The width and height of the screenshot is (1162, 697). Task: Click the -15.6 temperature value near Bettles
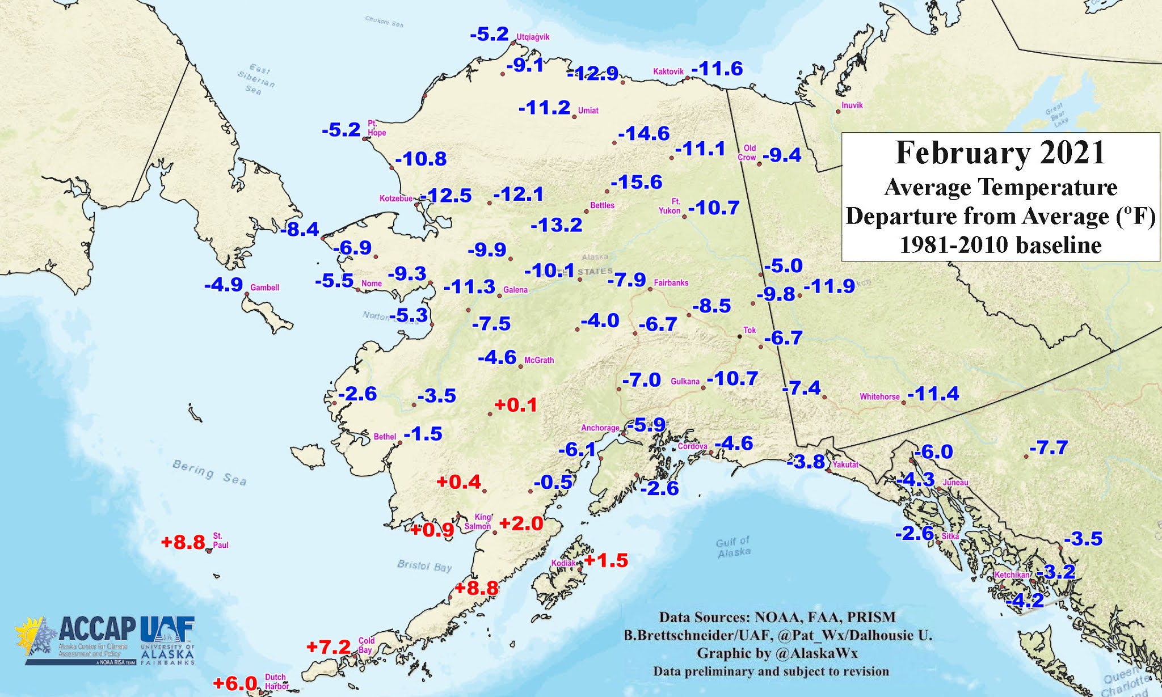(x=637, y=183)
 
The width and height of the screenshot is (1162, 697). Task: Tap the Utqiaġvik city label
(x=533, y=37)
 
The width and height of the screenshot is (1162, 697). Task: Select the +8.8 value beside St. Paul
(x=183, y=542)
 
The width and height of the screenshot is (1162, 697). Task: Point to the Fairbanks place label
(x=671, y=282)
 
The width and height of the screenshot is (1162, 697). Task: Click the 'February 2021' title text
(x=1000, y=153)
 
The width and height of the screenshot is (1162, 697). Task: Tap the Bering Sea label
(x=209, y=472)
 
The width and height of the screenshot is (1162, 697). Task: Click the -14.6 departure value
(x=644, y=134)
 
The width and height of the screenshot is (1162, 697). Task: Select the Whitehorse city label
(x=879, y=396)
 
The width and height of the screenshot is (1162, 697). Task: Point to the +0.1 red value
(x=516, y=405)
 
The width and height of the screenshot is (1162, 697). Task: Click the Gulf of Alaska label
(x=733, y=547)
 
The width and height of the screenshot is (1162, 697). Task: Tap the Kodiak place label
(x=563, y=563)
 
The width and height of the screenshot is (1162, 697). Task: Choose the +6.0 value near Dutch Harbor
(x=235, y=683)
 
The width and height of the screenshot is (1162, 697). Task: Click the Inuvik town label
(x=852, y=105)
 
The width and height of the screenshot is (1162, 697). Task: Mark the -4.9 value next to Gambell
(x=224, y=285)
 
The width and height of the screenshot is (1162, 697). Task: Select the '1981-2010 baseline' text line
(x=1000, y=245)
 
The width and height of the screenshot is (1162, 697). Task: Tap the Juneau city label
(x=955, y=483)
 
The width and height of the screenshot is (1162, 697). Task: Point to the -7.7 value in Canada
(x=1049, y=448)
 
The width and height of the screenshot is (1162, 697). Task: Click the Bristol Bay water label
(x=424, y=565)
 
